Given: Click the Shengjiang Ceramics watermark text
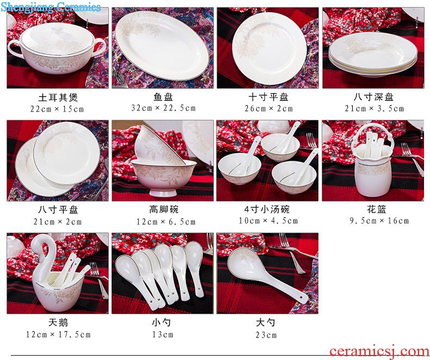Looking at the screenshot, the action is pyautogui.click(x=51, y=7).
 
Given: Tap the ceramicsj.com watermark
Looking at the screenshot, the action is pyautogui.click(x=379, y=351).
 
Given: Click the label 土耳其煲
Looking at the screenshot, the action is pyautogui.click(x=58, y=97).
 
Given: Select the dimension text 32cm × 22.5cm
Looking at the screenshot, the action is pyautogui.click(x=163, y=108).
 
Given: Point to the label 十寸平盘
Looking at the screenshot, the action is pyautogui.click(x=268, y=97).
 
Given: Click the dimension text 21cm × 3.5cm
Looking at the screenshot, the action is pyautogui.click(x=374, y=109).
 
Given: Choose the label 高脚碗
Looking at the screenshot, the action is pyautogui.click(x=164, y=209).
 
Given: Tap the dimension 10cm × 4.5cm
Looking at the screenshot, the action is pyautogui.click(x=268, y=221).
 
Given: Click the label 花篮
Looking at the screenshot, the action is pyautogui.click(x=377, y=209).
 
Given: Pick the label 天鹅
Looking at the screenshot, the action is pyautogui.click(x=58, y=322).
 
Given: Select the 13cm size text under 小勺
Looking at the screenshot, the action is pyautogui.click(x=163, y=334).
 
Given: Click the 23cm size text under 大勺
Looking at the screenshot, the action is pyautogui.click(x=266, y=335).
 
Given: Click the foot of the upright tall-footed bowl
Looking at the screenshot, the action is pyautogui.click(x=163, y=193).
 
